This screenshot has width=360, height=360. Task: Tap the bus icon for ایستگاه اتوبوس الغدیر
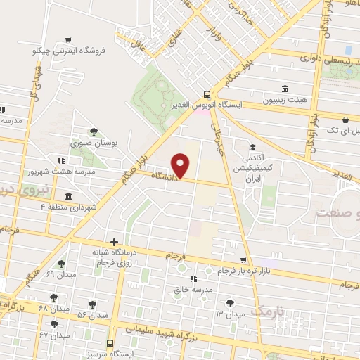(206, 94)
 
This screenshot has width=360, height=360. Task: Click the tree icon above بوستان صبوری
(94, 131)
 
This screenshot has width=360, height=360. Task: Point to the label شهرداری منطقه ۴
(71, 206)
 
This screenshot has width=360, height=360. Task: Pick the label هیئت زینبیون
(284, 100)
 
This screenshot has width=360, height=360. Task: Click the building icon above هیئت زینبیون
(285, 89)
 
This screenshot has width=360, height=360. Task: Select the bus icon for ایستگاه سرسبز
(110, 342)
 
